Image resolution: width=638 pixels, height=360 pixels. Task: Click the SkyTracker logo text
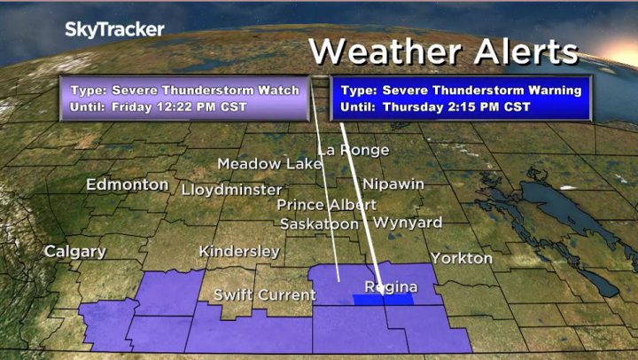(114, 29)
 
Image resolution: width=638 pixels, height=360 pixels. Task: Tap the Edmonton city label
(127, 184)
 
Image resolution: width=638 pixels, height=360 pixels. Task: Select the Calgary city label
(76, 251)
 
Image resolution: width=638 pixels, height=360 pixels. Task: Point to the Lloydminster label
(231, 190)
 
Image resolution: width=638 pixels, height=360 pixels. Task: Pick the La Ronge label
(353, 150)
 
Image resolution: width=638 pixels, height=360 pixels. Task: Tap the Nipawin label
(393, 184)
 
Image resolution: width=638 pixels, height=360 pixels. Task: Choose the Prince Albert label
(326, 205)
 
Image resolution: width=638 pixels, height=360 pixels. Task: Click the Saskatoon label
(319, 224)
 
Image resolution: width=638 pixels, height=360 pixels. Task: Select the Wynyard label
(407, 222)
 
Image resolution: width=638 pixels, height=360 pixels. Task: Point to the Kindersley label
(239, 251)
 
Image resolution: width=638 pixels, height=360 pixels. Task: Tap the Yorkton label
(461, 258)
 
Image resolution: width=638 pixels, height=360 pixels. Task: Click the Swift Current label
(264, 294)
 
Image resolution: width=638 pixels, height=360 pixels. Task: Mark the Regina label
(391, 286)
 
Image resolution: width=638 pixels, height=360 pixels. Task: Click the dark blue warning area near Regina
(383, 300)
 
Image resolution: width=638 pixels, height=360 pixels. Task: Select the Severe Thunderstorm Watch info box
(184, 98)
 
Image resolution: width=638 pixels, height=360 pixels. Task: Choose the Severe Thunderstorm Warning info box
(461, 98)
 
